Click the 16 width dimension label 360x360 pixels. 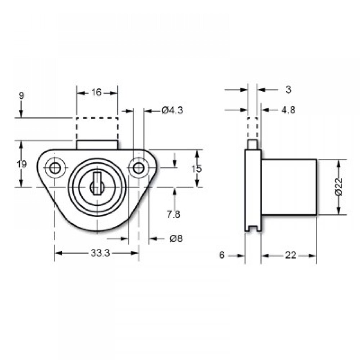(96, 93)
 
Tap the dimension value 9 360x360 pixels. (21, 95)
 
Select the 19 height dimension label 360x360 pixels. (22, 165)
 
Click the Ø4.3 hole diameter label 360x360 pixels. (172, 111)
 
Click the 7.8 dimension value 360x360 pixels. (174, 215)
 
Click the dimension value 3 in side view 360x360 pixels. (288, 90)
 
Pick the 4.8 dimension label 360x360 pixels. (288, 110)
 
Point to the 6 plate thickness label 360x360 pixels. (222, 255)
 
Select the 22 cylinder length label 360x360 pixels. (290, 255)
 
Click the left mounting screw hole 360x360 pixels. (55, 168)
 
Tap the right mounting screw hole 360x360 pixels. (138, 168)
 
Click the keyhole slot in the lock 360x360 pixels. (97, 182)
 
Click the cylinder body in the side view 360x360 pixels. (289, 187)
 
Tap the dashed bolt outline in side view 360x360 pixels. (253, 129)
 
